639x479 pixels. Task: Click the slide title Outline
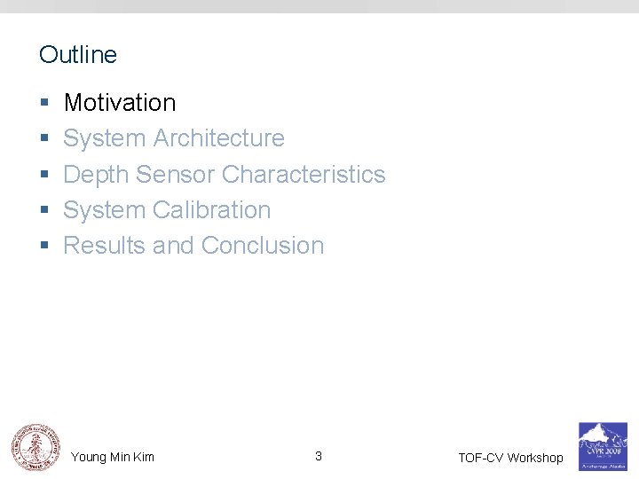[x=78, y=55]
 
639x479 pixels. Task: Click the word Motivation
[x=120, y=103]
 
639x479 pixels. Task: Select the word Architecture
[x=219, y=138]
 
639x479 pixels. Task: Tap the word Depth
[x=97, y=174]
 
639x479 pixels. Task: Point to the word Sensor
[x=176, y=174]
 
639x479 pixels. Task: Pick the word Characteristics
[x=304, y=174]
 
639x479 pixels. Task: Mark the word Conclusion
[x=263, y=246]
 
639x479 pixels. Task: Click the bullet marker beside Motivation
[x=43, y=104]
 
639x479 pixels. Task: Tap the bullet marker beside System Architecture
[x=43, y=139]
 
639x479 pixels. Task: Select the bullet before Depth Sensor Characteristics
[x=43, y=175]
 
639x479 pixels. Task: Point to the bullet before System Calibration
[x=43, y=211]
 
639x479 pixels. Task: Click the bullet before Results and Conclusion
[x=43, y=247]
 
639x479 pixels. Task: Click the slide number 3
[x=319, y=456]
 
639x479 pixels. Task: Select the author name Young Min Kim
[x=113, y=457]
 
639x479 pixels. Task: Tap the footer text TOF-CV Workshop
[x=510, y=458]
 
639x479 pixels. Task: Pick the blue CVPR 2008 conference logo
[x=603, y=445]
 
